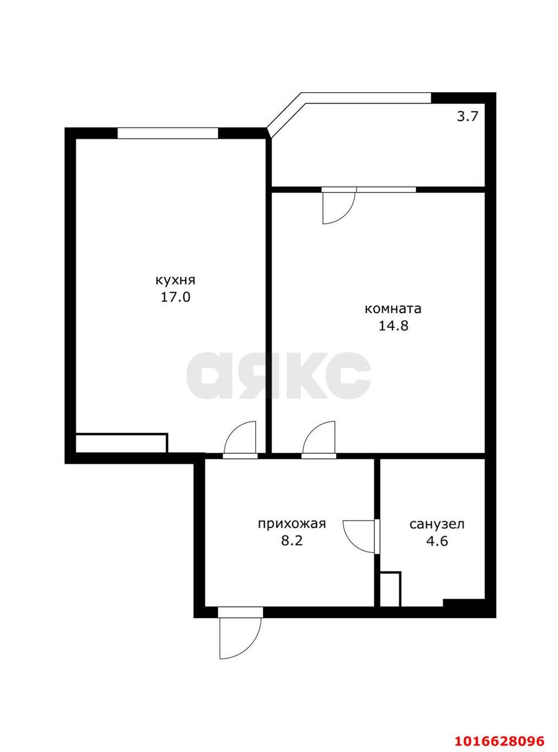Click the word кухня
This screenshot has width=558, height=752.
point(175,280)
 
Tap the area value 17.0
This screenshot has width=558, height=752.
point(175,297)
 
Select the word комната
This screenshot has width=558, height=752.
point(393,309)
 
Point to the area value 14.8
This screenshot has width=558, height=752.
point(393,326)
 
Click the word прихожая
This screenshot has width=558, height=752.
point(291,523)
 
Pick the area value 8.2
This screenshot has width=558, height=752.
point(291,540)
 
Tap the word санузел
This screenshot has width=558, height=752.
point(436,524)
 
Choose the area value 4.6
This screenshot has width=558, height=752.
point(436,541)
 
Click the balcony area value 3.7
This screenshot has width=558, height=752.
point(468,116)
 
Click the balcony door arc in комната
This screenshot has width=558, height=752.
point(337,207)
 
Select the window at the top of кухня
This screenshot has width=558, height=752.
point(167,133)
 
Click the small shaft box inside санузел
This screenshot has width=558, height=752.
point(390,589)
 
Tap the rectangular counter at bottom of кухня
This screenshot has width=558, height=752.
point(122,443)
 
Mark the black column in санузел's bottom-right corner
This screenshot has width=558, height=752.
point(463,603)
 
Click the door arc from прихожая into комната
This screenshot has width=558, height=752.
point(320,438)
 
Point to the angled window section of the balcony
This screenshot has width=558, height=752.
point(285,112)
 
